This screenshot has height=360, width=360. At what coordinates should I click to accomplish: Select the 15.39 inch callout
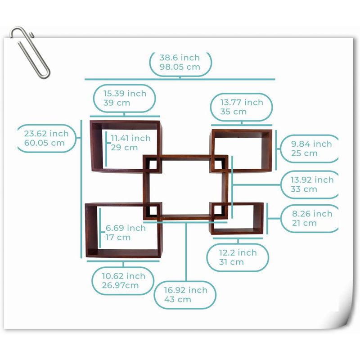pos(125,99)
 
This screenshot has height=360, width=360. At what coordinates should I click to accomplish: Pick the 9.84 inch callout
pos(309,148)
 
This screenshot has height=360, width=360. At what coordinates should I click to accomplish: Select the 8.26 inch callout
pos(310,218)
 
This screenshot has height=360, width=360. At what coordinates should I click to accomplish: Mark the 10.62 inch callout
pos(123,280)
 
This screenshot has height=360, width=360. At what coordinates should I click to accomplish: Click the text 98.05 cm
pos(180,67)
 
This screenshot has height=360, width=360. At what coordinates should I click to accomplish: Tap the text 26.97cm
pos(120,285)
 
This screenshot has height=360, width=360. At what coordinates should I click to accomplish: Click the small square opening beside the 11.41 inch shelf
pos(153,164)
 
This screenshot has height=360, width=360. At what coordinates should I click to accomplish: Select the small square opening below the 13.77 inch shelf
pos(218,164)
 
